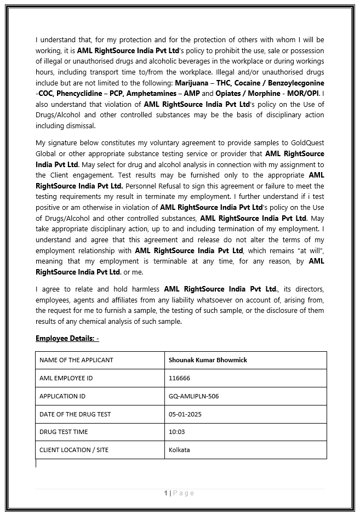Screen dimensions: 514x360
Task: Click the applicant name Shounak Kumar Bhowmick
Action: tap(208, 360)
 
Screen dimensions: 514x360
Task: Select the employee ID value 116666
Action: tap(179, 378)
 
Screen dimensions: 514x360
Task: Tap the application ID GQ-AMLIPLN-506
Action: tap(194, 396)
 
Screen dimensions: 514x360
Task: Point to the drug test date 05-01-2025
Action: tap(185, 414)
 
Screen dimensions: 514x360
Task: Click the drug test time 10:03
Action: tap(176, 432)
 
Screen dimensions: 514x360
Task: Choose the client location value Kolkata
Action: tap(179, 450)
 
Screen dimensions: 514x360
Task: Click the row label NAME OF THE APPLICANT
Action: tap(76, 360)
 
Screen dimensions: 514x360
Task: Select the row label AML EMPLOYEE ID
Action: tap(66, 378)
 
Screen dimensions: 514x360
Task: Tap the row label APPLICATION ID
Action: tap(62, 396)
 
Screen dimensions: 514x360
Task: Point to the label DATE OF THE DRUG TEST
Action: tap(75, 414)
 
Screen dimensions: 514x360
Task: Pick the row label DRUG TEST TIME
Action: tap(64, 432)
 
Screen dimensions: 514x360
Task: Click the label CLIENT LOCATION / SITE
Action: tap(74, 450)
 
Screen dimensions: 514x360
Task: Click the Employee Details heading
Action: tap(67, 338)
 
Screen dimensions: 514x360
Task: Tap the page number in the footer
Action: tap(166, 493)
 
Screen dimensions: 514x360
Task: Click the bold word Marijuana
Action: tap(192, 83)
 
